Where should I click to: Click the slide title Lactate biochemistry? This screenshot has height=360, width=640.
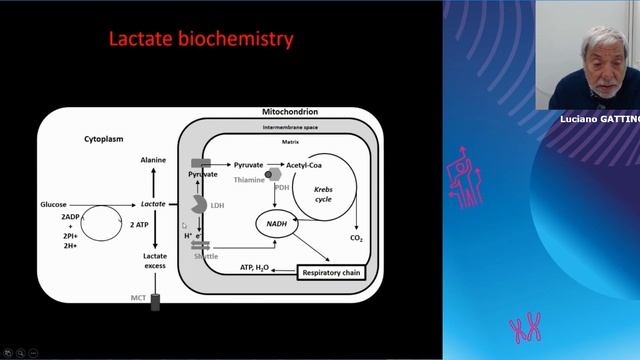200,40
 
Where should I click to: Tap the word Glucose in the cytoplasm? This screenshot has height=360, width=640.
53,204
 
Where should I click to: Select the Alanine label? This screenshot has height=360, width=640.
153,158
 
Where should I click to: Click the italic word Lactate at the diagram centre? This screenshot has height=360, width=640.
153,204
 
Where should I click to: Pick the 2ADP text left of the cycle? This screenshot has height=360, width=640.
70,217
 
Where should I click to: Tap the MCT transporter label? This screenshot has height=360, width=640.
138,298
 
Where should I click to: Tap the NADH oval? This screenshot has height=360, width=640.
276,222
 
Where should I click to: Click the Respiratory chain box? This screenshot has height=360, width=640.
331,271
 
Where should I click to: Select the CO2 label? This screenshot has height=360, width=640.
357,239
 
